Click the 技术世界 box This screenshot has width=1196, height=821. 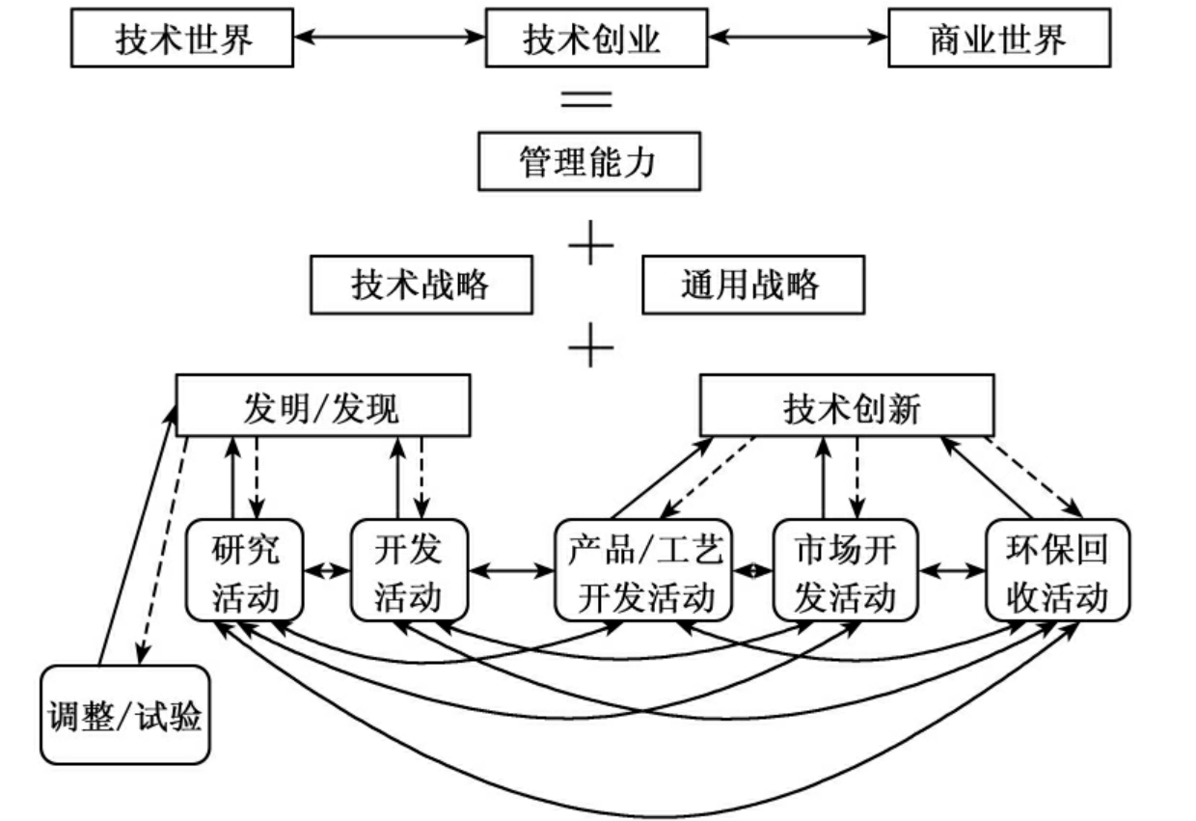point(182,41)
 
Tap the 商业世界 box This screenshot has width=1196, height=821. point(998,41)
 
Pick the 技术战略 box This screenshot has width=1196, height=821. point(421,285)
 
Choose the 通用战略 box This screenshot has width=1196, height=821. point(752,285)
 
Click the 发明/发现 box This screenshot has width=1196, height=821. point(322,409)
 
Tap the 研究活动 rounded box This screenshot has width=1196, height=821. point(245,570)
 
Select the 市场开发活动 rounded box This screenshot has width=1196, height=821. point(845,570)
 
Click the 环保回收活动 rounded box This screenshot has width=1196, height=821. point(1056,570)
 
